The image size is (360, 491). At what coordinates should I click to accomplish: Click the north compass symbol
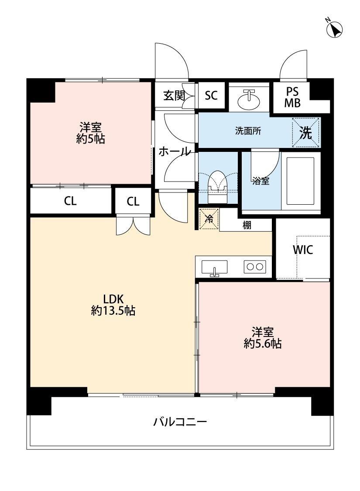334,29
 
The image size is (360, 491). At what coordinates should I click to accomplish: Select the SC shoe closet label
211,95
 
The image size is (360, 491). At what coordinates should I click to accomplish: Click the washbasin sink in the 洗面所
249,100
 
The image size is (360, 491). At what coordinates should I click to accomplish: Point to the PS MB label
292,97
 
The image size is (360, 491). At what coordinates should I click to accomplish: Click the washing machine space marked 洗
306,132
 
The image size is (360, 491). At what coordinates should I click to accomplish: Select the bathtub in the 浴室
301,181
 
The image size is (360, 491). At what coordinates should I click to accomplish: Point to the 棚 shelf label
247,225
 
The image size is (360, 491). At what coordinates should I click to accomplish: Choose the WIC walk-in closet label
303,250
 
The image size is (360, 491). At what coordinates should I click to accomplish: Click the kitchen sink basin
214,268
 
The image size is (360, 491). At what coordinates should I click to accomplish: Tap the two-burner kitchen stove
255,267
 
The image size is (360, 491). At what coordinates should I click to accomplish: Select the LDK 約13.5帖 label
113,304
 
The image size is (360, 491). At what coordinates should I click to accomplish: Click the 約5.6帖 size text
263,343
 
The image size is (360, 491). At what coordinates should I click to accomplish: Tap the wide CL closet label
70,201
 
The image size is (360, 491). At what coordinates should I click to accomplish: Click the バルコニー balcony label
180,422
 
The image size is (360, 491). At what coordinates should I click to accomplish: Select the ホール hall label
175,151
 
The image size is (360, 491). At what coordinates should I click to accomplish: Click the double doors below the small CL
134,225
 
